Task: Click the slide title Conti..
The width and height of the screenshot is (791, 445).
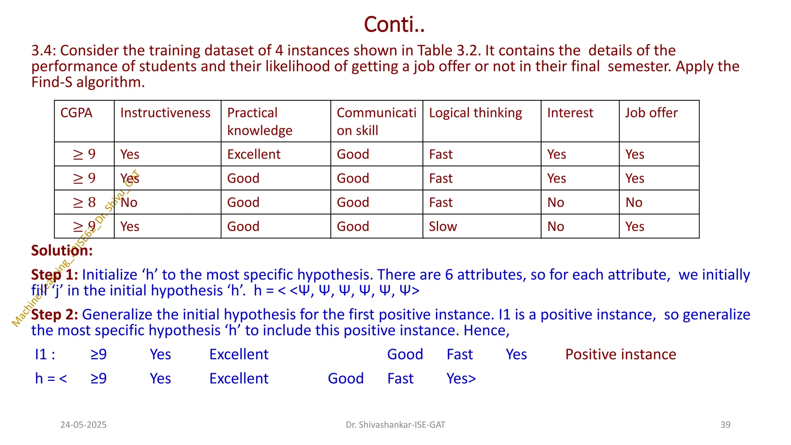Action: click(394, 24)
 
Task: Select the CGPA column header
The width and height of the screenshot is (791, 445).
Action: click(76, 113)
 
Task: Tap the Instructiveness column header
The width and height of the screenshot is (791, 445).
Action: click(165, 113)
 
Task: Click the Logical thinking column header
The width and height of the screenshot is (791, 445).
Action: click(475, 113)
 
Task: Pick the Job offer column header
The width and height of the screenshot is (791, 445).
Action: click(651, 113)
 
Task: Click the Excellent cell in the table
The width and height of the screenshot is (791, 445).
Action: click(254, 154)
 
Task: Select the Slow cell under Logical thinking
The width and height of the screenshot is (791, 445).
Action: click(443, 226)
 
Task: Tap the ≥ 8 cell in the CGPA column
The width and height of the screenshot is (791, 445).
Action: click(84, 202)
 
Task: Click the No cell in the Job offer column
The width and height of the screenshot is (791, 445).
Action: click(634, 202)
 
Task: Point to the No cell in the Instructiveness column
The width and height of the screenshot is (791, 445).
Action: click(129, 202)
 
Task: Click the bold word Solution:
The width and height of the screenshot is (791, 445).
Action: click(62, 250)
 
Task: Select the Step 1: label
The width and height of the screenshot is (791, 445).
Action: click(54, 275)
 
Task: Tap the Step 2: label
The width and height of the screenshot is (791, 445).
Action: click(54, 314)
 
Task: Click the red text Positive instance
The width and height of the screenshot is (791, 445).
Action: click(621, 354)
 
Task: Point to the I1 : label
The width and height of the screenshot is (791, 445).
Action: click(45, 354)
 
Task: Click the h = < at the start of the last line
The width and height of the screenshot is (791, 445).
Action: click(51, 379)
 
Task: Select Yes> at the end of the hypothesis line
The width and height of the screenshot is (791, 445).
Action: click(461, 379)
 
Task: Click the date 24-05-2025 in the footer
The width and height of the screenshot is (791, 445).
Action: click(83, 425)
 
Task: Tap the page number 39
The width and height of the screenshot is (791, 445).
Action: click(725, 425)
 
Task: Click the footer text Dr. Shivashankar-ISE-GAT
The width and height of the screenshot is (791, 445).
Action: click(395, 425)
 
